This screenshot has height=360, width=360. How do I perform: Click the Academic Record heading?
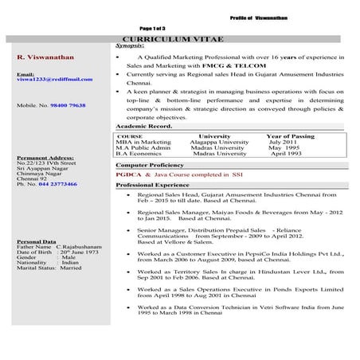click(x=144, y=126)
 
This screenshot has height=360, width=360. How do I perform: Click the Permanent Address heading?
click(x=45, y=158)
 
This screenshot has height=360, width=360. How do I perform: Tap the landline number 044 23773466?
click(x=54, y=184)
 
